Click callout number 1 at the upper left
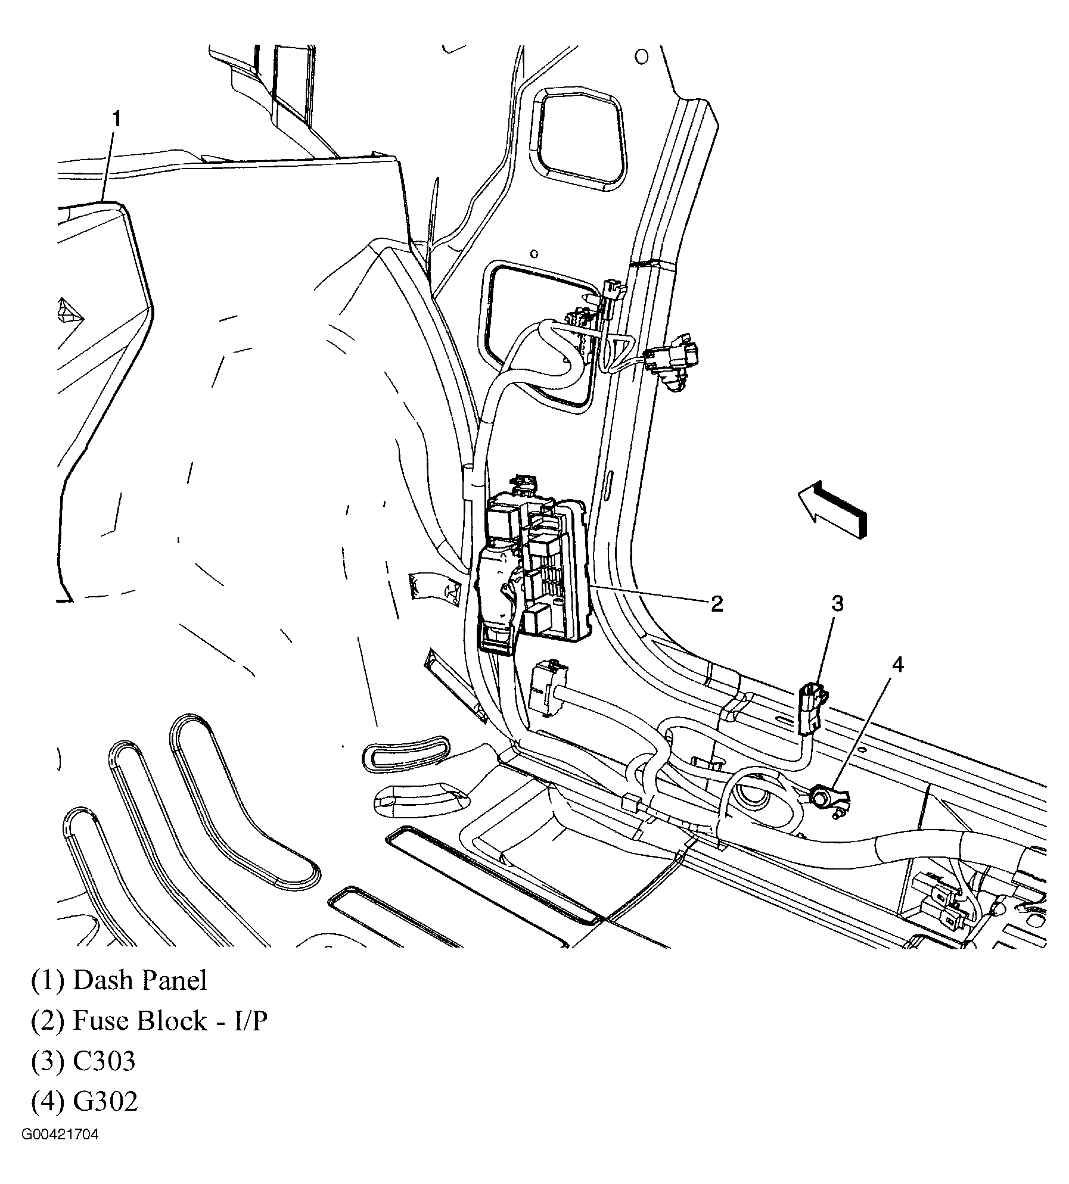(117, 120)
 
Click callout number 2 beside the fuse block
(717, 604)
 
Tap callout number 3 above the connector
(837, 605)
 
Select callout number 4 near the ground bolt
(897, 665)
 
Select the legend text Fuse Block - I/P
(170, 1021)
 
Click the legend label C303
(104, 1061)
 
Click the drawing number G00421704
(60, 1151)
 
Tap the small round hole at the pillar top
(641, 57)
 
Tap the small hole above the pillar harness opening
(534, 254)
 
